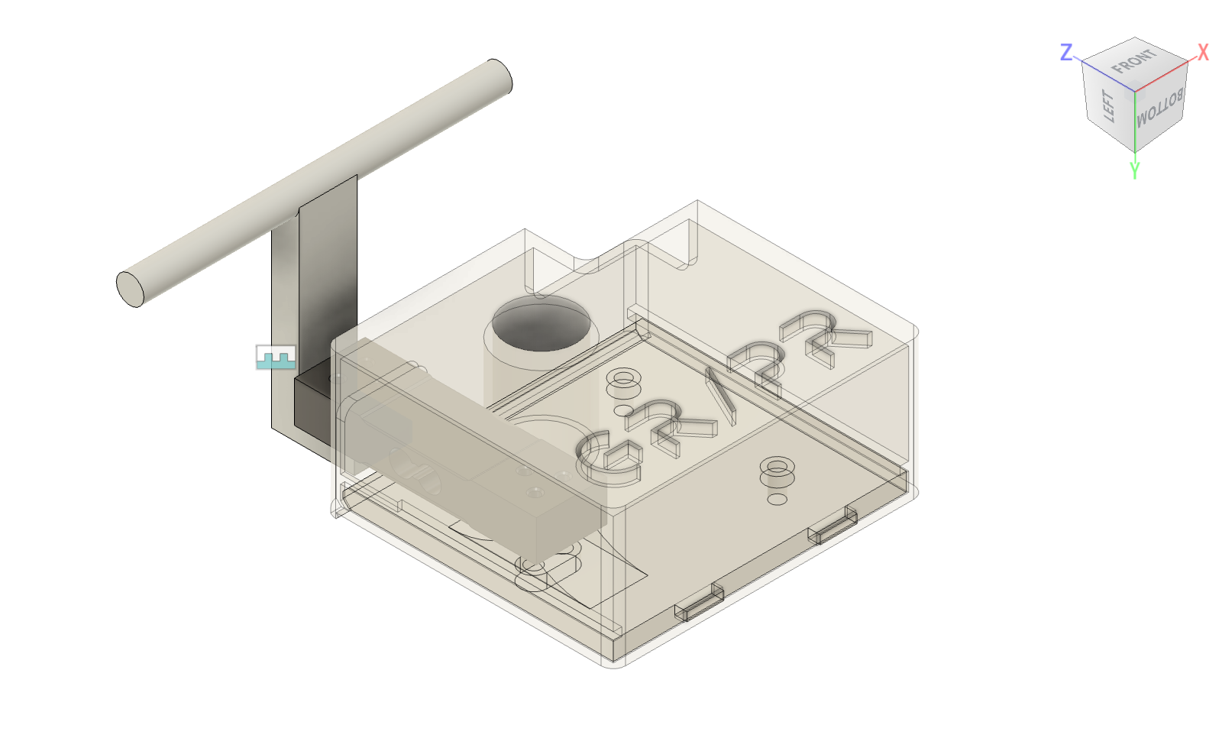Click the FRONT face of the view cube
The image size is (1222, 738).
coord(1134,61)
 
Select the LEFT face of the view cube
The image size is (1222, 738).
coord(1108,107)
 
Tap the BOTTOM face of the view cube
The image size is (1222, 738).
coord(1159,109)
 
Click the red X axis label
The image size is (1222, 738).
coord(1203,52)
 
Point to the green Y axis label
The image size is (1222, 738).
coord(1134,170)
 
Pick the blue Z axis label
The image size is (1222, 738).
coord(1067,52)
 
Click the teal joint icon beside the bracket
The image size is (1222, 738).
coord(276,357)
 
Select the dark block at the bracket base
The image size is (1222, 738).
coord(312,401)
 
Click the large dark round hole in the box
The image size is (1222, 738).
coord(542,325)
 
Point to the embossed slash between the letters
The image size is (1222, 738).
coord(719,396)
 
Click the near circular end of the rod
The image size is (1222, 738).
coord(131,288)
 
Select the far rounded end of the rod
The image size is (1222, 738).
coord(499,76)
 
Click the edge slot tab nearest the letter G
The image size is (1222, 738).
coord(698,603)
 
